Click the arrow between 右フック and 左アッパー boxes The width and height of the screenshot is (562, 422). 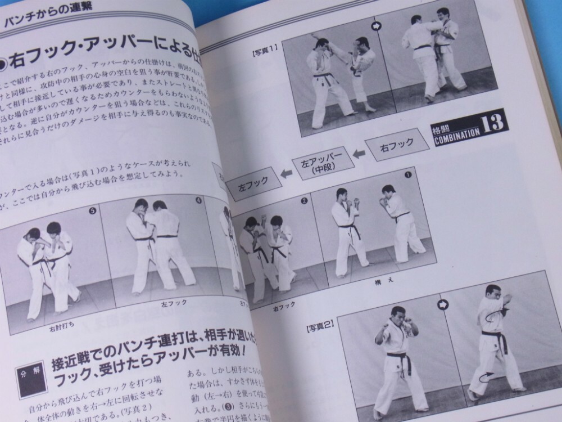359,154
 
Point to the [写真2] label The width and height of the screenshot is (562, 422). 320,325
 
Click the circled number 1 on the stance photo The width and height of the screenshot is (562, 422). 407,174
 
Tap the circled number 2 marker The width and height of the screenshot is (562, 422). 304,200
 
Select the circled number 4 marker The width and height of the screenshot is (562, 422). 199,199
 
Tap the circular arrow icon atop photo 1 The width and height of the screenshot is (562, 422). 376,26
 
